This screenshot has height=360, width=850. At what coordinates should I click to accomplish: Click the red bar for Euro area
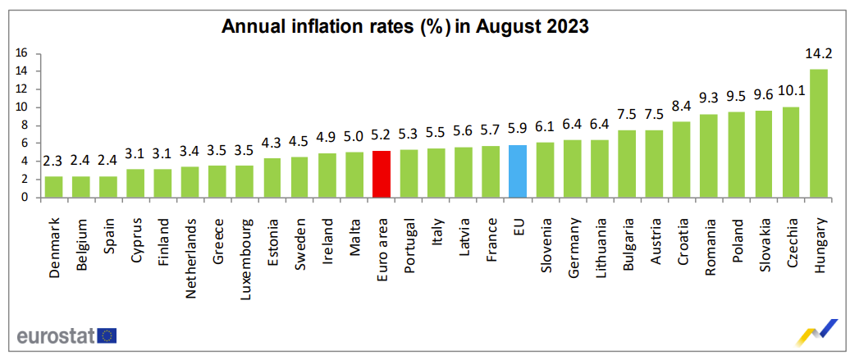(x=381, y=174)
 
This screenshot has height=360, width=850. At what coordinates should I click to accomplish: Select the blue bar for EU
(x=517, y=171)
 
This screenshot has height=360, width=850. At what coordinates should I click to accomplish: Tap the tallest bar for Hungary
(x=817, y=134)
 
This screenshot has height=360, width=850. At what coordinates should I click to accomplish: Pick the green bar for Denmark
(x=53, y=187)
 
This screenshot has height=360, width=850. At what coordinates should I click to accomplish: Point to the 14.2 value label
(x=818, y=54)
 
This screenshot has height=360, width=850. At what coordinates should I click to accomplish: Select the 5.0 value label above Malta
(x=354, y=136)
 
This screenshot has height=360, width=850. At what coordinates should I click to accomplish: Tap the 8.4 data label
(x=681, y=107)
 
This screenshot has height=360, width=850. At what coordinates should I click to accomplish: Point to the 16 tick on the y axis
(x=22, y=53)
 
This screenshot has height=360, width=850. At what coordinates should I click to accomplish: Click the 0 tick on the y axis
(x=25, y=198)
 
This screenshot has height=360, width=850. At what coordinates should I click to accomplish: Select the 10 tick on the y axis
(x=22, y=107)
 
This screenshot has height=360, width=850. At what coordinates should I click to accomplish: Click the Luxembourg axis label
(x=244, y=247)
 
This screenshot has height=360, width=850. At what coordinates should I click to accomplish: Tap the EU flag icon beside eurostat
(x=107, y=335)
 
